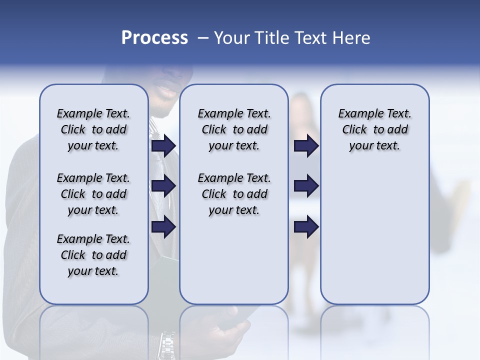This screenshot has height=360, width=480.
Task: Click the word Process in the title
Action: [x=154, y=38]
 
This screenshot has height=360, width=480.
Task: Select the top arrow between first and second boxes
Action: [x=163, y=145]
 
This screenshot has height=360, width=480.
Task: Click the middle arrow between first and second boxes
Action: [x=163, y=186]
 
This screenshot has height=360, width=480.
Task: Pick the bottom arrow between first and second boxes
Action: [x=163, y=227]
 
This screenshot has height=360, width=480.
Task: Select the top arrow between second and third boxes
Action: [x=306, y=145]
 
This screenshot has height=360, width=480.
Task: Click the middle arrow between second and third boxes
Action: [x=306, y=186]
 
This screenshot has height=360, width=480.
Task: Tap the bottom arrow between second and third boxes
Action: [x=306, y=227]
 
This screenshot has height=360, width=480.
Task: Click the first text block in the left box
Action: [x=93, y=129]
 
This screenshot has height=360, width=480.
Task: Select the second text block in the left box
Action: [x=93, y=194]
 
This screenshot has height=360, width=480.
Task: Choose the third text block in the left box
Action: [x=93, y=255]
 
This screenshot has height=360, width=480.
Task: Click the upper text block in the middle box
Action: [x=234, y=129]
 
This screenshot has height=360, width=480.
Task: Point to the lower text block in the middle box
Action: [x=234, y=194]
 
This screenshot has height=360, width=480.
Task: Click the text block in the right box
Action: [x=374, y=129]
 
